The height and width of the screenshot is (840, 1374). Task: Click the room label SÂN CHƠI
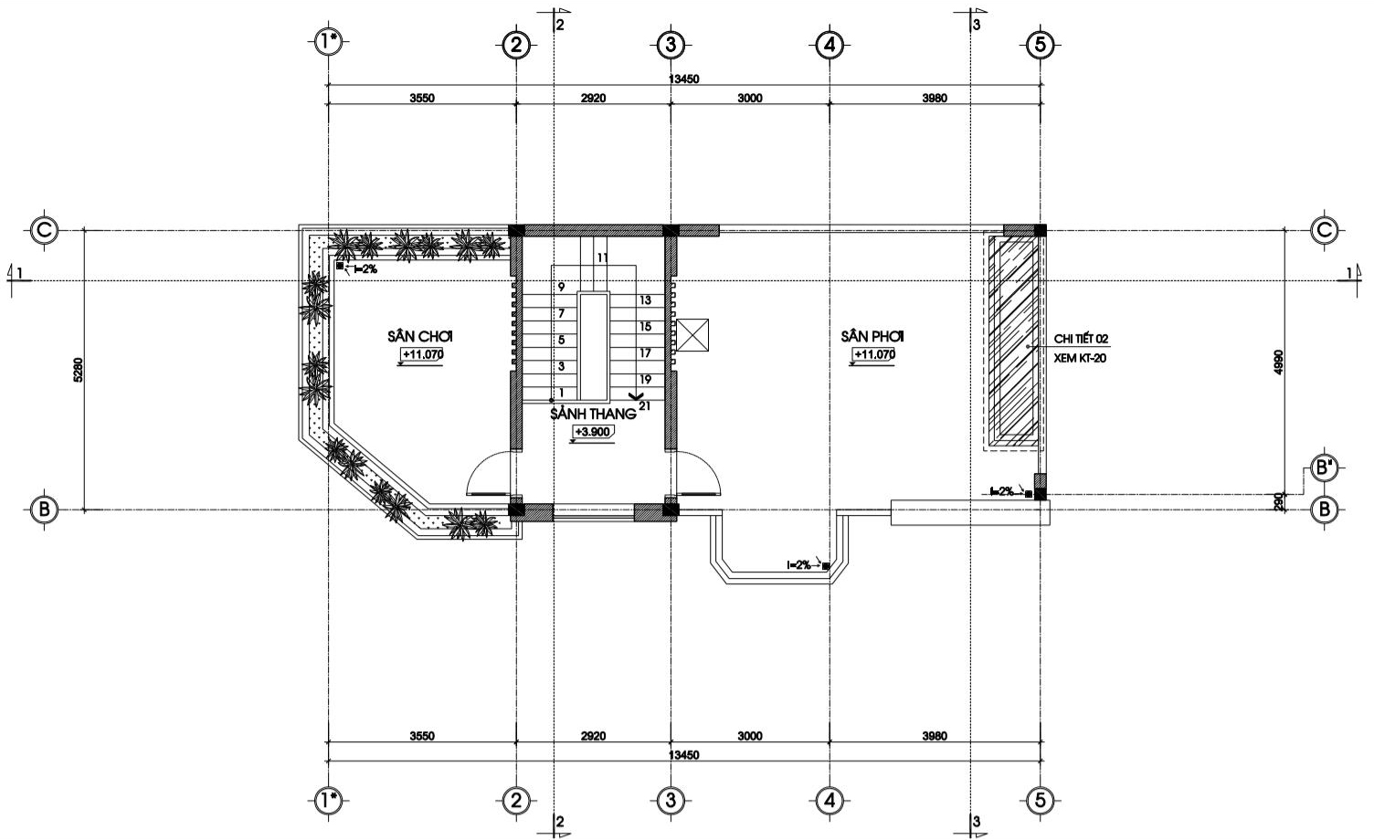[420, 336]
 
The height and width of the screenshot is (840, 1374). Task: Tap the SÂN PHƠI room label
[873, 336]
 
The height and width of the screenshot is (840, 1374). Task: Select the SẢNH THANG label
[592, 414]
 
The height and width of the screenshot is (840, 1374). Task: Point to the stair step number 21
[645, 405]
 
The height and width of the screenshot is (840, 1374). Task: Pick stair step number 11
[602, 258]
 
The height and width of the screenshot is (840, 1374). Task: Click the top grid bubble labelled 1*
[328, 42]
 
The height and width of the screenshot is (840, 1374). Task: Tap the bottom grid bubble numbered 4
[829, 801]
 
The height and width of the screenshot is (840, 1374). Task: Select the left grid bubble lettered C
[44, 230]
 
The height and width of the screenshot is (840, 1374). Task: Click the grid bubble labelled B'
[1323, 467]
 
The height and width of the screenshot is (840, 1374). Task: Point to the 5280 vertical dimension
[79, 370]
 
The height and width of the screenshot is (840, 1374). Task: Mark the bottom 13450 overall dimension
[683, 755]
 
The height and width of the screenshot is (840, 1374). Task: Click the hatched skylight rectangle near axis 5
[1012, 340]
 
